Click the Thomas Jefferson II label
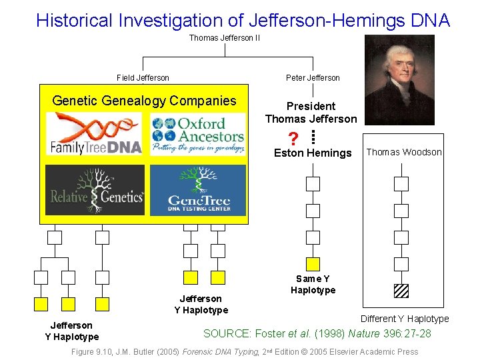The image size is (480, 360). click(224, 38)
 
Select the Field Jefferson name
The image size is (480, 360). click(143, 78)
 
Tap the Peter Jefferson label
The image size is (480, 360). click(313, 78)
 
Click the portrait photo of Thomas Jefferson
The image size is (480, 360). click(399, 80)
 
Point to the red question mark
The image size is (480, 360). click(293, 139)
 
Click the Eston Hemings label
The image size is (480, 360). click(313, 153)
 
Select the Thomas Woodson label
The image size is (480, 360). click(404, 153)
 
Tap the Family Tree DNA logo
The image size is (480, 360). click(95, 134)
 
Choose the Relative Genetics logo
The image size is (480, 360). click(95, 189)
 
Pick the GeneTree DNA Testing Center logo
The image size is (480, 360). click(198, 191)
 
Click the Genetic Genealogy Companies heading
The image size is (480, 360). click(144, 101)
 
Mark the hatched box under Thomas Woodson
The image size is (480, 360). click(401, 291)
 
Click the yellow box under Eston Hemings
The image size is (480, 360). click(313, 264)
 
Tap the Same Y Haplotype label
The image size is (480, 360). click(313, 284)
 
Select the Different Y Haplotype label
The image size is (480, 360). click(405, 319)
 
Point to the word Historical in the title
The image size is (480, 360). click(75, 20)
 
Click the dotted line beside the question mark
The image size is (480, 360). click(313, 137)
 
